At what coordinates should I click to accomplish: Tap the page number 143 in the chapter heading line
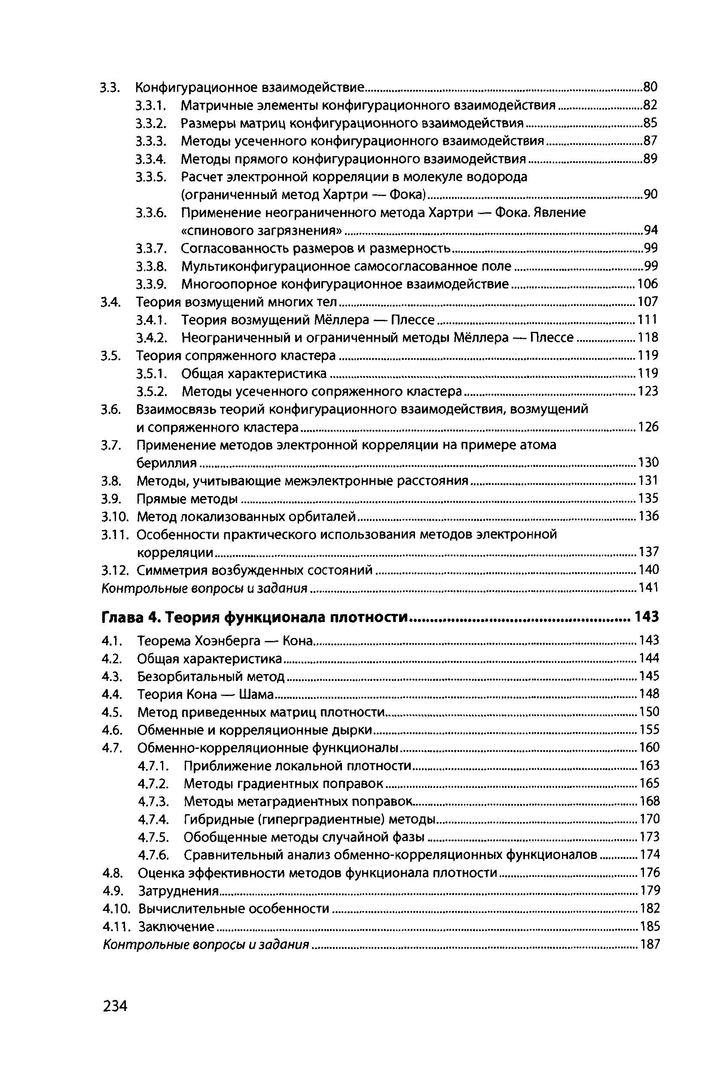647,617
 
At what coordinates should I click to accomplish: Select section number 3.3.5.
150,177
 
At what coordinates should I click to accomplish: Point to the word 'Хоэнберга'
228,641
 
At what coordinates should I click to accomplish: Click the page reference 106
648,284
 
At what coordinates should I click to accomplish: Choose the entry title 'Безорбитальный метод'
211,677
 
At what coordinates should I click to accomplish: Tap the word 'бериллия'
167,463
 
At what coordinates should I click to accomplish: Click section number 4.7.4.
153,820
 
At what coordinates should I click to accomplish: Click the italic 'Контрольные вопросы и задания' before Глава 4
204,589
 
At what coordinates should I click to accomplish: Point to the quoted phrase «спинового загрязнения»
261,230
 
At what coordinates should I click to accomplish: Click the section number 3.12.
116,570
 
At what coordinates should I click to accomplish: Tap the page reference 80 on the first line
650,86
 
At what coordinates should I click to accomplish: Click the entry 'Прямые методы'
187,499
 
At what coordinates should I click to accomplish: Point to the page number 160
649,748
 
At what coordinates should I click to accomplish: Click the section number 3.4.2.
150,337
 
